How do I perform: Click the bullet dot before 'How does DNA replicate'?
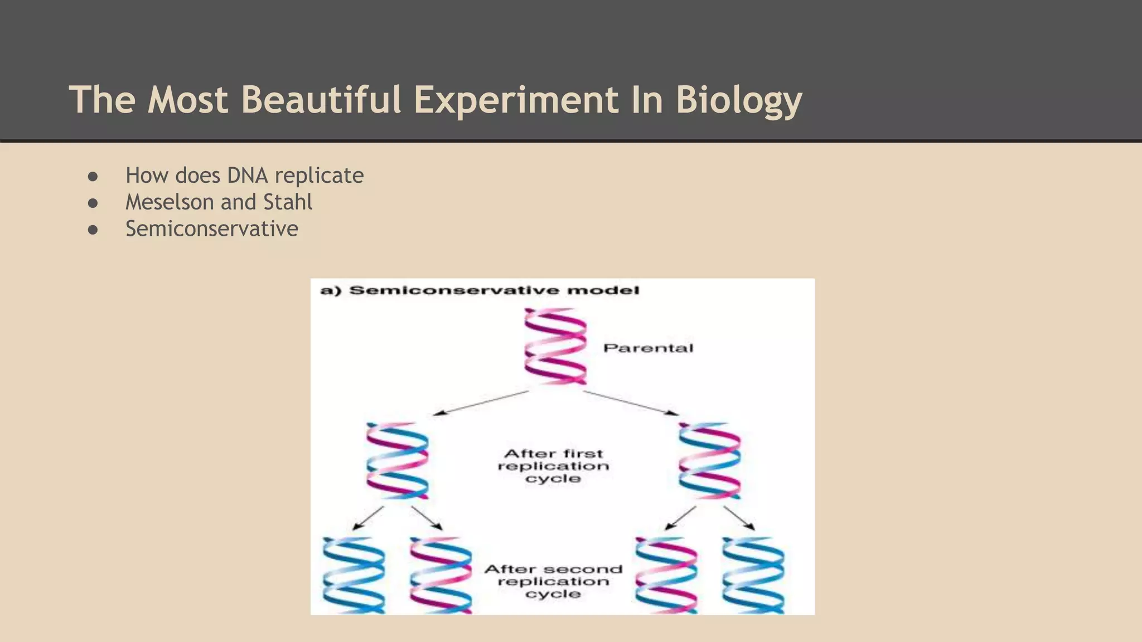(x=93, y=177)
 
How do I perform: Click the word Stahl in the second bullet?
(x=288, y=202)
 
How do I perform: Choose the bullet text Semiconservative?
(x=212, y=228)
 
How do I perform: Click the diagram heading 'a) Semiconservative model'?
(x=480, y=290)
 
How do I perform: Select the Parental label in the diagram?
(x=648, y=348)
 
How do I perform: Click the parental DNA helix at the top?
(x=555, y=346)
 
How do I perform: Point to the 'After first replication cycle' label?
(x=553, y=466)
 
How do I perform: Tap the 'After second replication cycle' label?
(x=553, y=581)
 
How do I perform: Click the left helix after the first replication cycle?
(x=397, y=460)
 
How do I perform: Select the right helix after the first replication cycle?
(x=709, y=460)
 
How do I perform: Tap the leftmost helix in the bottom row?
(x=354, y=575)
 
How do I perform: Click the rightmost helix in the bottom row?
(x=753, y=575)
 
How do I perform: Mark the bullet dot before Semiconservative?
(x=93, y=230)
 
